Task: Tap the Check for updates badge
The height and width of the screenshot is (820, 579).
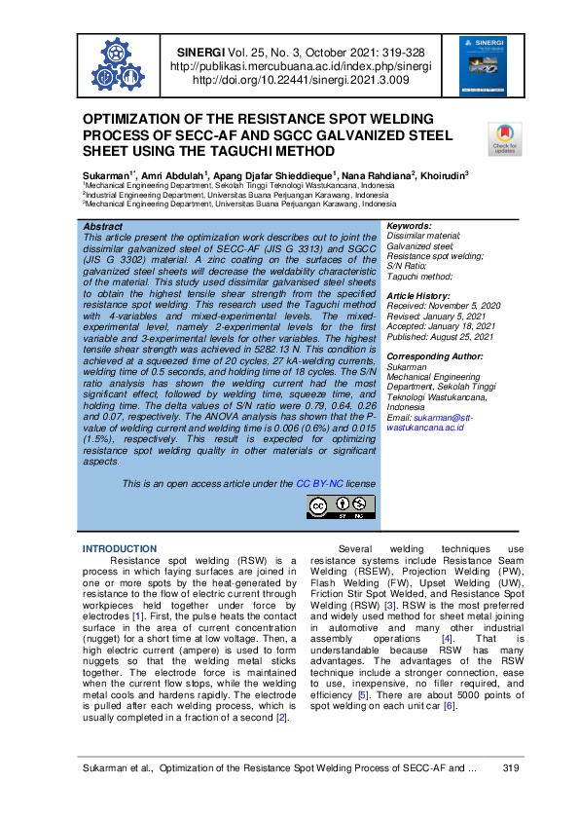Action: [504, 139]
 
